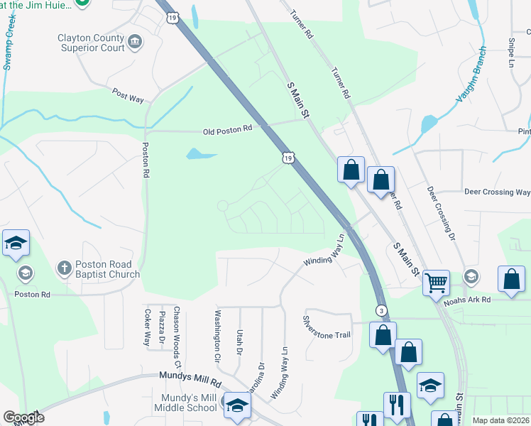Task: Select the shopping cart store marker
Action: [x=436, y=282]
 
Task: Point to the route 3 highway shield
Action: [x=382, y=311]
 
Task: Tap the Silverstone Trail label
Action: [x=327, y=327]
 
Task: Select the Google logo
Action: [x=23, y=417]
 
